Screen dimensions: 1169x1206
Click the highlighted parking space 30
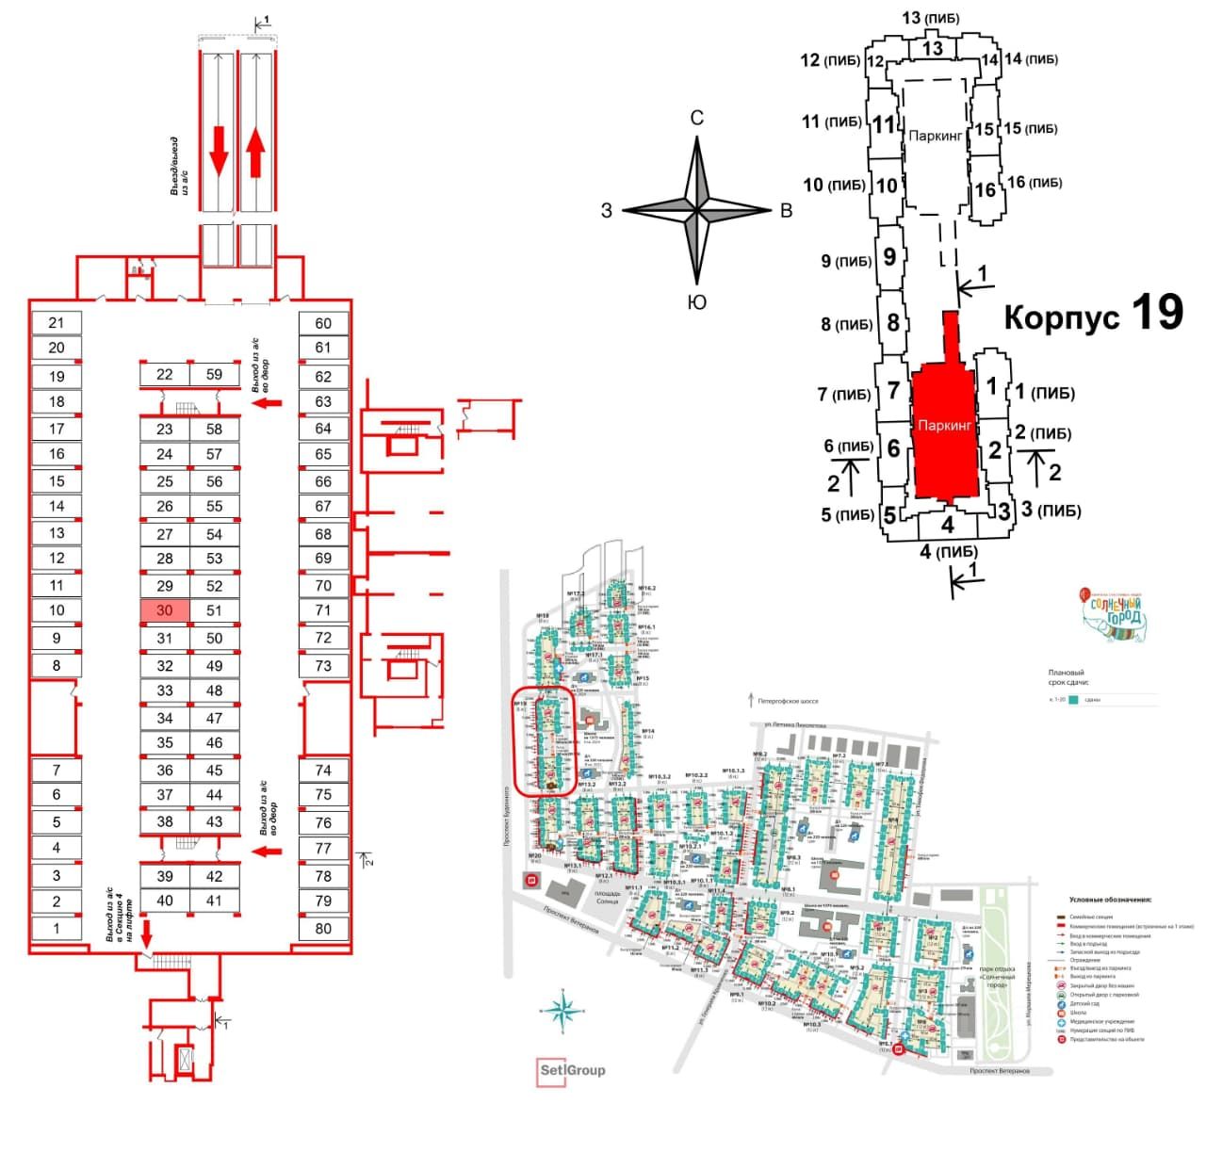165,610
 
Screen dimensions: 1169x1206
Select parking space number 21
57,322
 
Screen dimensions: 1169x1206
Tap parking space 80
323,928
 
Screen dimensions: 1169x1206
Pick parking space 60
323,323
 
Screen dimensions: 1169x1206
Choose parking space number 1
57,928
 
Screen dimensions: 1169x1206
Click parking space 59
215,374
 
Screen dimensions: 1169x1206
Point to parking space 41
215,901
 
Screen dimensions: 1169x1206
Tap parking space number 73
323,665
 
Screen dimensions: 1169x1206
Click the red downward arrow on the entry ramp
219,151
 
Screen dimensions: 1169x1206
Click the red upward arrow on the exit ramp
254,153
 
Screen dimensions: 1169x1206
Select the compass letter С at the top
697,118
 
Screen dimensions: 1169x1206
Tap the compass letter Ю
697,302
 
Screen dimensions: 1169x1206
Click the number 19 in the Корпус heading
1156,312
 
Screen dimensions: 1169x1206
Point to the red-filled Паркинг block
944,429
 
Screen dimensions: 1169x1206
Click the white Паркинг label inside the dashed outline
936,137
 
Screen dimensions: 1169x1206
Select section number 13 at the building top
933,48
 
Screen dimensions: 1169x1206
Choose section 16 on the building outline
985,189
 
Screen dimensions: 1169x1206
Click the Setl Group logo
572,1070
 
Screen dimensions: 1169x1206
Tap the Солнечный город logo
1114,616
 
